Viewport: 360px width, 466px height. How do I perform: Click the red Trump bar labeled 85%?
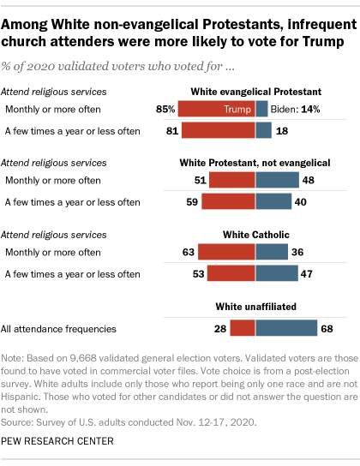(x=218, y=110)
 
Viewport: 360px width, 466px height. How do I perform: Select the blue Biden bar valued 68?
(x=284, y=326)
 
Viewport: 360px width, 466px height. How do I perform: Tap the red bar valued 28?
(x=243, y=326)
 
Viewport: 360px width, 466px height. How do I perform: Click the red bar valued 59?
(x=229, y=201)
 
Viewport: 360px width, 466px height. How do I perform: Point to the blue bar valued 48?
(x=277, y=180)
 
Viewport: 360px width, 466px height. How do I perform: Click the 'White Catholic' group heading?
(x=255, y=233)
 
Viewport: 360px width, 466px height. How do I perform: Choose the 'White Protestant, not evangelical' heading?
(x=255, y=161)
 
